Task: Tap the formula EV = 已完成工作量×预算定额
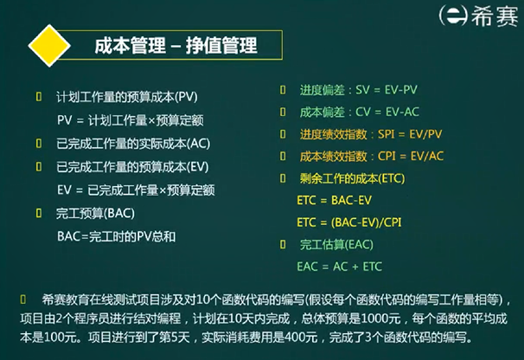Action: (135, 190)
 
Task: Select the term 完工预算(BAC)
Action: (95, 213)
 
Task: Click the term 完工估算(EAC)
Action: (339, 245)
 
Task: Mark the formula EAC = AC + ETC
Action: (339, 267)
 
